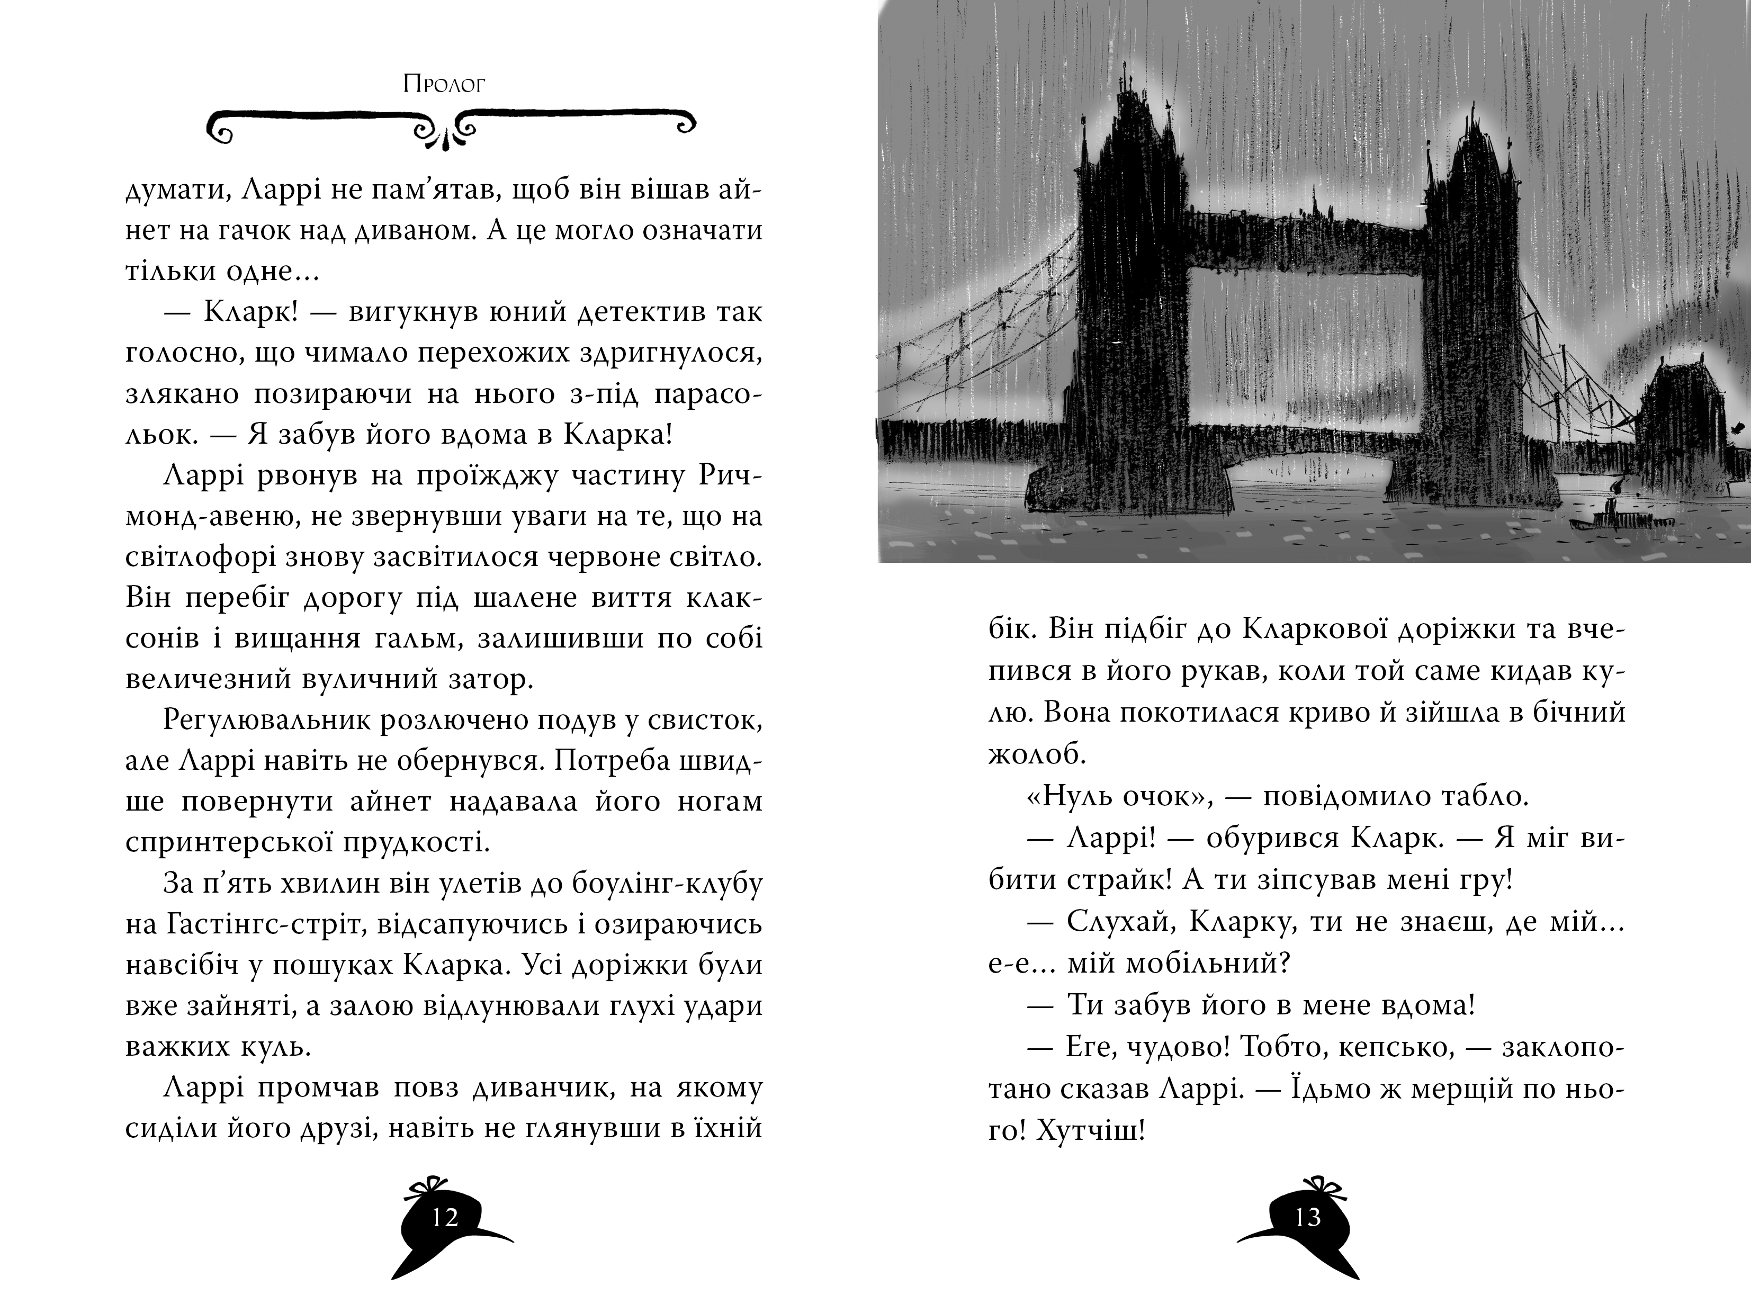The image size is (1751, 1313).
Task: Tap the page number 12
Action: [x=445, y=1217]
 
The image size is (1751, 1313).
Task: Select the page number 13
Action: [x=1308, y=1217]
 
